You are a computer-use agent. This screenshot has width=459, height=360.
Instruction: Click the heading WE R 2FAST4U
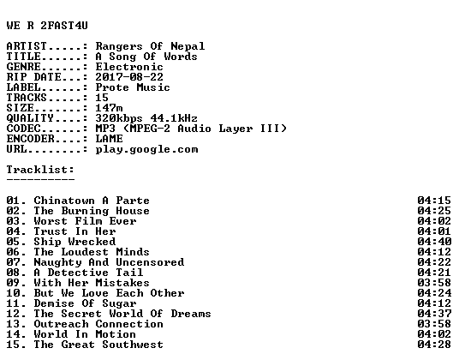click(47, 26)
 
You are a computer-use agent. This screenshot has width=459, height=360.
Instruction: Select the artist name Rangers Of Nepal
click(150, 46)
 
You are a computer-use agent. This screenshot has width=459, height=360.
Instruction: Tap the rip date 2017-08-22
click(129, 77)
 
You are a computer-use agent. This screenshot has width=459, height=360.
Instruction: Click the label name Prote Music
click(133, 87)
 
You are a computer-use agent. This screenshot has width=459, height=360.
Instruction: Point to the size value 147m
click(109, 108)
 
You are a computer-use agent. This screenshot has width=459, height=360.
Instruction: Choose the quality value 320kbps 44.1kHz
click(146, 118)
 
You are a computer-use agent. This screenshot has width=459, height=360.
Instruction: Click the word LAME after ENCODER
click(110, 139)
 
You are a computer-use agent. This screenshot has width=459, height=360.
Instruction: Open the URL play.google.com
click(146, 149)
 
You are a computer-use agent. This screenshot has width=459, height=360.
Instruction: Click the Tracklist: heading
click(40, 170)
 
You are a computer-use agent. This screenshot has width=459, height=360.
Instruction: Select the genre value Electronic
click(129, 67)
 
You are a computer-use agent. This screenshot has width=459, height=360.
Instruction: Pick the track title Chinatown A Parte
click(92, 201)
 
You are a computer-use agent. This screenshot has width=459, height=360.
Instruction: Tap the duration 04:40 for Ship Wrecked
click(434, 242)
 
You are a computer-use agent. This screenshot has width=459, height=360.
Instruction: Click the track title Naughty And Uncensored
click(109, 262)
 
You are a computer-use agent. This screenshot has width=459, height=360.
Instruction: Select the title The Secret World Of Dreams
click(122, 314)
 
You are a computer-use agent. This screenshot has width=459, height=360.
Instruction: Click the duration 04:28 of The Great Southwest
click(434, 345)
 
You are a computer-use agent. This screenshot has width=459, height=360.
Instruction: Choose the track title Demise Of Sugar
click(85, 303)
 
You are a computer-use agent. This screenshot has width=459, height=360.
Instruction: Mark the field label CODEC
click(23, 129)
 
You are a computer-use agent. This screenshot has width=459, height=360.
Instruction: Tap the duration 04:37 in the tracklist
click(434, 314)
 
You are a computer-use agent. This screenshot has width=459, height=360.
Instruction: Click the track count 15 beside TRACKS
click(102, 98)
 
